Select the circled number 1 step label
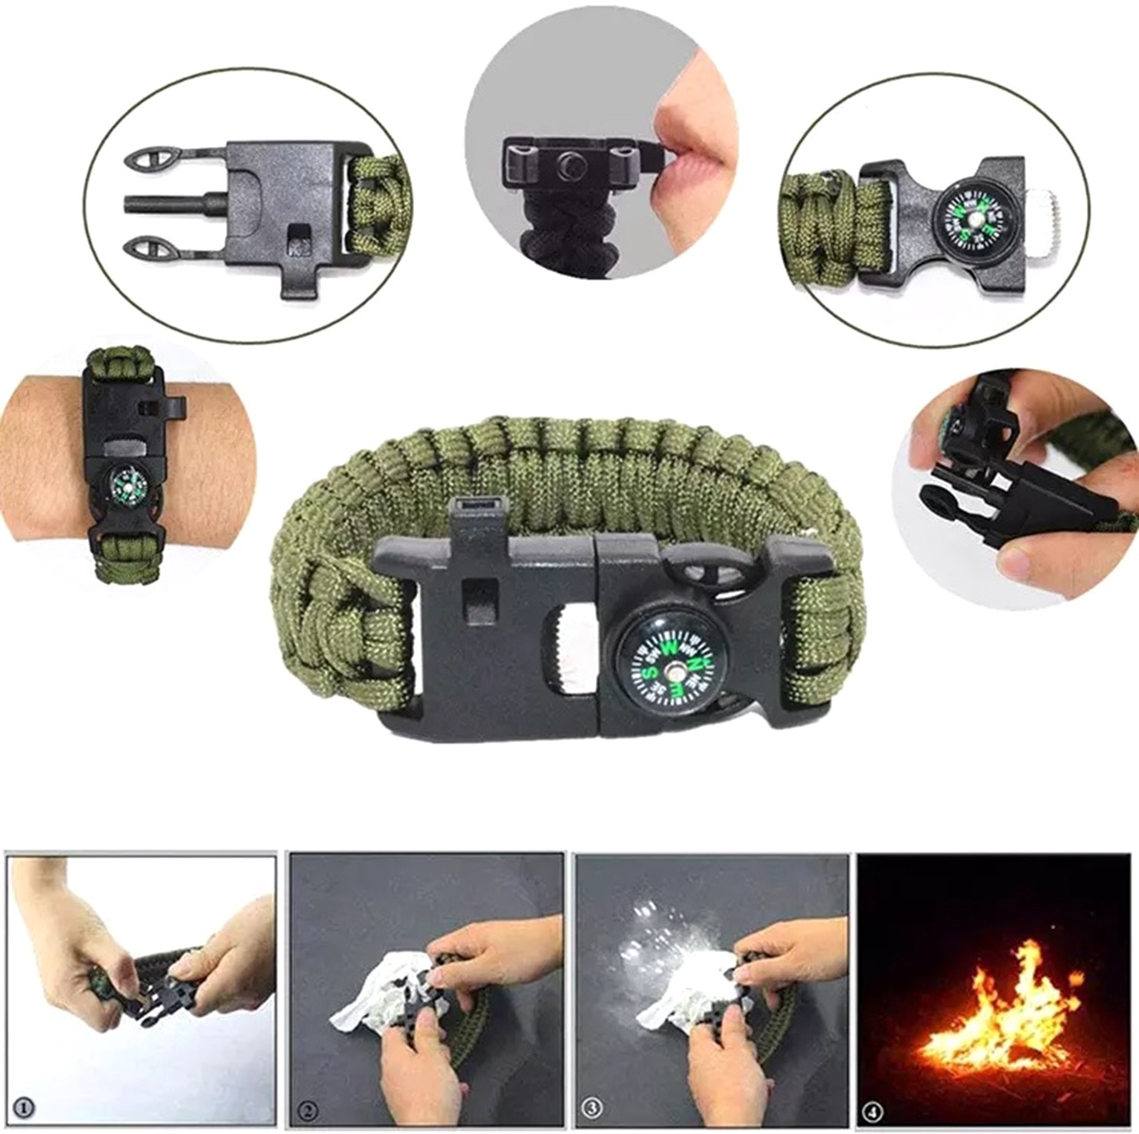(x=26, y=1106)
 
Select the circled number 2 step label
(x=308, y=1106)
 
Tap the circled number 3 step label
(x=593, y=1106)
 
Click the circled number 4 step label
(x=874, y=1106)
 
